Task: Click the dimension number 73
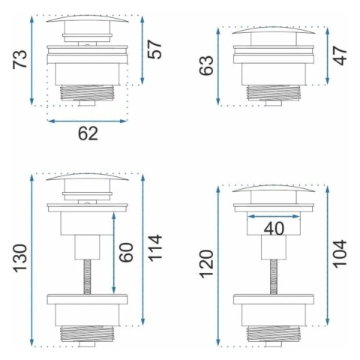tap(19, 59)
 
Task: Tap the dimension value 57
tap(155, 49)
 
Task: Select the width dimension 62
tap(88, 133)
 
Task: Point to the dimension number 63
tap(206, 65)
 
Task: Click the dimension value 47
tap(340, 55)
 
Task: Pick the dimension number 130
tap(20, 258)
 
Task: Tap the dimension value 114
tap(155, 248)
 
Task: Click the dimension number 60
tap(126, 253)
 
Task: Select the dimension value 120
tap(206, 264)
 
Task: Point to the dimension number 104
tap(340, 254)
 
